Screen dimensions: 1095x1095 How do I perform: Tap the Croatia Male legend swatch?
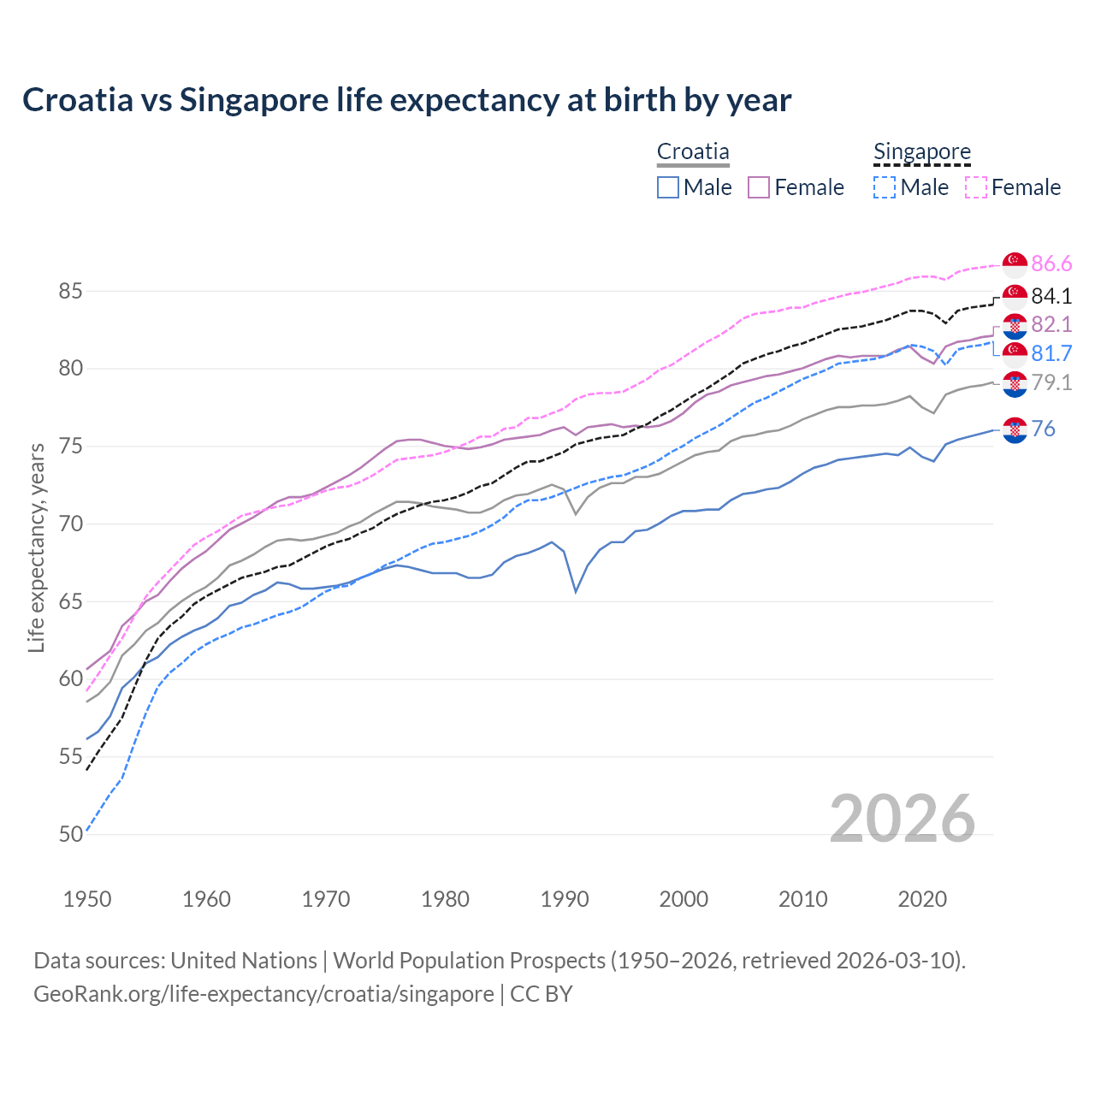tap(668, 187)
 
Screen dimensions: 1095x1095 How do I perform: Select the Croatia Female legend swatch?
tap(759, 187)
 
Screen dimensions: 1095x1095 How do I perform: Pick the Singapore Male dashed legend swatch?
tap(885, 187)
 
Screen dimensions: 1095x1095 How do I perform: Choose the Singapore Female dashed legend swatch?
tap(976, 187)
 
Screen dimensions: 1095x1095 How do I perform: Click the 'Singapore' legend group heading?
tap(921, 152)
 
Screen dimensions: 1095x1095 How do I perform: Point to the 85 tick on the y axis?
tap(70, 292)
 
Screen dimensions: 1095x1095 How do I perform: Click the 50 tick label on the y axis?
tap(70, 834)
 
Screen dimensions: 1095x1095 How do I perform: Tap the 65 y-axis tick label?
tap(70, 601)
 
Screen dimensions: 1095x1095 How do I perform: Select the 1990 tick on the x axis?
tap(565, 899)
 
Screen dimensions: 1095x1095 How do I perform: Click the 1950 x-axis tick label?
tap(87, 899)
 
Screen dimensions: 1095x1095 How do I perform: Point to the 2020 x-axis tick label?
tap(922, 899)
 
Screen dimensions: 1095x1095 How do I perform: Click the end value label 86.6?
tap(1051, 263)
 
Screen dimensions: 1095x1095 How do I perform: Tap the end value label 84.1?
tap(1051, 296)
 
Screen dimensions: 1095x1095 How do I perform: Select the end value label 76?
tap(1043, 429)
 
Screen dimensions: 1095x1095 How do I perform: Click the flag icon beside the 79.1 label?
tap(1015, 384)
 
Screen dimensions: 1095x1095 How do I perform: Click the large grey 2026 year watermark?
tap(903, 819)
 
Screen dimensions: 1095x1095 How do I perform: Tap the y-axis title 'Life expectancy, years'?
tap(36, 547)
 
